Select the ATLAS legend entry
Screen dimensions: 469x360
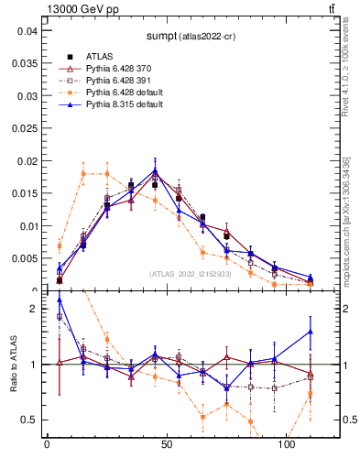coord(100,56)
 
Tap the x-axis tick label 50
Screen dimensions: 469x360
coord(166,444)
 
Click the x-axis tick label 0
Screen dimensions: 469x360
coord(47,444)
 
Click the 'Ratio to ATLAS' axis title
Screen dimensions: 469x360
coord(12,365)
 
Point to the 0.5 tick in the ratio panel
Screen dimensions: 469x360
coord(30,420)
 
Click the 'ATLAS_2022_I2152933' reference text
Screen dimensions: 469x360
coord(190,274)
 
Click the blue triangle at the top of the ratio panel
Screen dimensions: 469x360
coord(60,300)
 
